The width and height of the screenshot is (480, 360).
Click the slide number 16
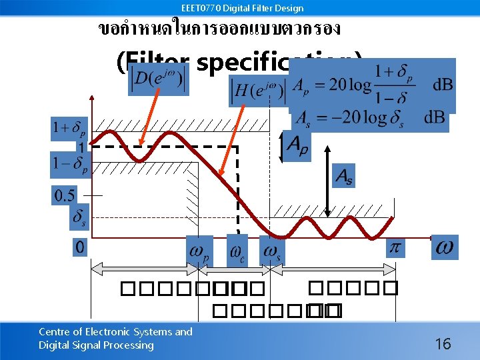pyautogui.click(x=443, y=344)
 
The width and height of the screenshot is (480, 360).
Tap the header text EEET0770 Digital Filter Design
pyautogui.click(x=242, y=8)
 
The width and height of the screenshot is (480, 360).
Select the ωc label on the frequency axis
pyautogui.click(x=237, y=251)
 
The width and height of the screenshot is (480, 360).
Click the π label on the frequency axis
pyautogui.click(x=395, y=247)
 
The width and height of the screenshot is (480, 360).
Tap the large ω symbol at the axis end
pyautogui.click(x=445, y=247)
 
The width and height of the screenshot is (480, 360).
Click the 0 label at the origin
pyautogui.click(x=79, y=247)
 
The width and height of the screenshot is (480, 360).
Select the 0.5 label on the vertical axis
pyautogui.click(x=65, y=195)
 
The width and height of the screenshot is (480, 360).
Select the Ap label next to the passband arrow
pyautogui.click(x=296, y=147)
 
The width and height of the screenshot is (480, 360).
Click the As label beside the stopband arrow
pyautogui.click(x=343, y=176)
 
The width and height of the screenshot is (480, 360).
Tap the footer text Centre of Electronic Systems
pyautogui.click(x=115, y=331)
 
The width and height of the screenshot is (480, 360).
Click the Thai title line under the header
pyautogui.click(x=219, y=29)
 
